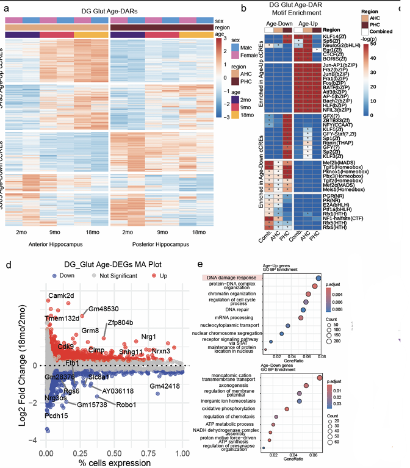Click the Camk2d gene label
coord(62,296)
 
